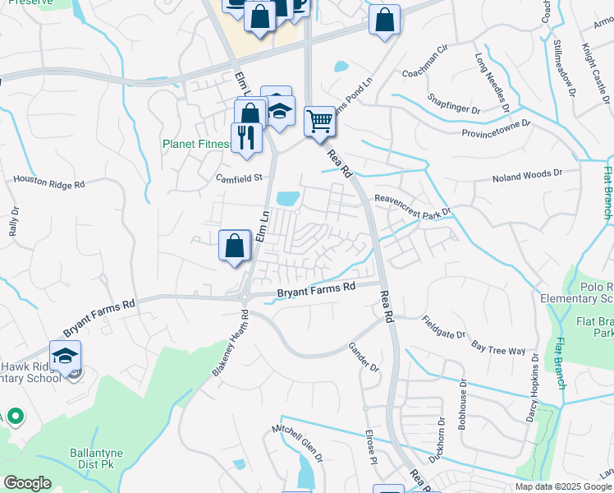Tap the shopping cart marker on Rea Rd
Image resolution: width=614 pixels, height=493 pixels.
(319, 122)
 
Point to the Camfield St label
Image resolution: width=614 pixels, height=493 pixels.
(238, 177)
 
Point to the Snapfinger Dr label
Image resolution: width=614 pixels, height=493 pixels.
(453, 103)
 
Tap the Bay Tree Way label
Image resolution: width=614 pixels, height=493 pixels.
(498, 345)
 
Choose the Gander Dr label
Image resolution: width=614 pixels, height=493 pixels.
(364, 357)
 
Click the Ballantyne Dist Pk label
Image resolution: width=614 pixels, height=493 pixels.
(75, 468)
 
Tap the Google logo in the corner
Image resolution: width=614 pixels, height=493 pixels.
(27, 483)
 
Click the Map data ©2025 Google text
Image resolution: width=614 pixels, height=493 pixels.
(563, 486)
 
